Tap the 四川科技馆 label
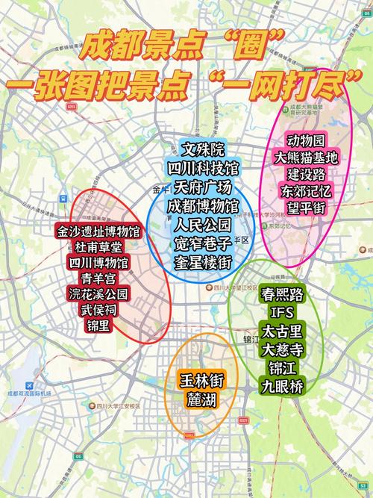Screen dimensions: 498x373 (203, 168)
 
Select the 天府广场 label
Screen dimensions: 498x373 (203, 187)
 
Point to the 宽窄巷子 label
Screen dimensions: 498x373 (203, 242)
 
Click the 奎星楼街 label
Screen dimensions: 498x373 (203, 261)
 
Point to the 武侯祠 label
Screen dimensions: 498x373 (98, 310)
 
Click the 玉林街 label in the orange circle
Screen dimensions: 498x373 (201, 380)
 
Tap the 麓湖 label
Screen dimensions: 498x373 (201, 401)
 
